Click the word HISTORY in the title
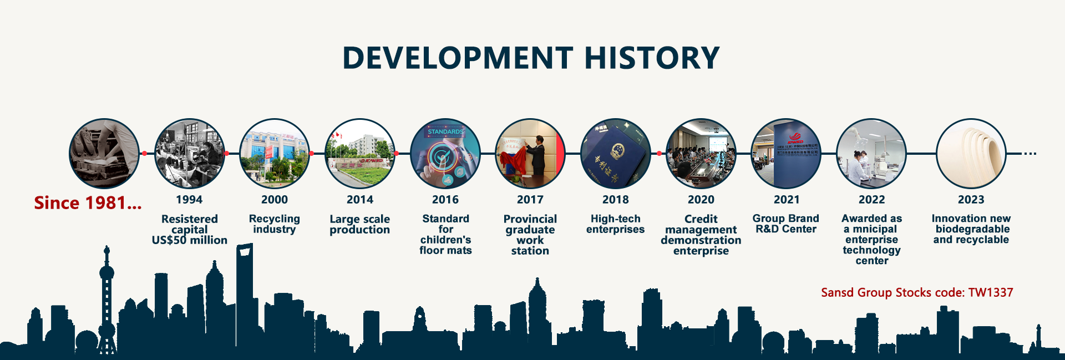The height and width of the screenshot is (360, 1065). point(652,58)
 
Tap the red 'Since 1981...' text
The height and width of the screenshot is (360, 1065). point(88,203)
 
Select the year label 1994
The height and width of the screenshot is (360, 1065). point(189,200)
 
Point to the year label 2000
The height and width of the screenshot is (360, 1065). point(275,200)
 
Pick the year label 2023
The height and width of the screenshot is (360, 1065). point(971,200)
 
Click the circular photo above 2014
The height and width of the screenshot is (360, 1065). point(360,154)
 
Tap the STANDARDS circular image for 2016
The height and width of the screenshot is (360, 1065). point(445,154)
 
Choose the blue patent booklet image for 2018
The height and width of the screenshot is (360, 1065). point(616,154)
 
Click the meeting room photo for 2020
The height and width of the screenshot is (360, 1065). point(701,154)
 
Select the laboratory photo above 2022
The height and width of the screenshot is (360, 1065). point(871,154)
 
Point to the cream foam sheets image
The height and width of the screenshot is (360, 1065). point(971,154)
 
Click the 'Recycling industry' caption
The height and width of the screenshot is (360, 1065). point(275,224)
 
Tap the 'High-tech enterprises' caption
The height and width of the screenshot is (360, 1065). point(616,224)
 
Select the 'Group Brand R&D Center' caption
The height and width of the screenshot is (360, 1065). point(786,224)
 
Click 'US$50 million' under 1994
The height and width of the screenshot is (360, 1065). point(190,240)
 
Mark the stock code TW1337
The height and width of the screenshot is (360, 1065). point(991,292)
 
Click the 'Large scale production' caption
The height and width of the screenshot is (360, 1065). point(360,225)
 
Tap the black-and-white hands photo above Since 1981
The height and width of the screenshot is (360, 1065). point(104,154)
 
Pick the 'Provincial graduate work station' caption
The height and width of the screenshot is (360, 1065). point(530,235)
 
